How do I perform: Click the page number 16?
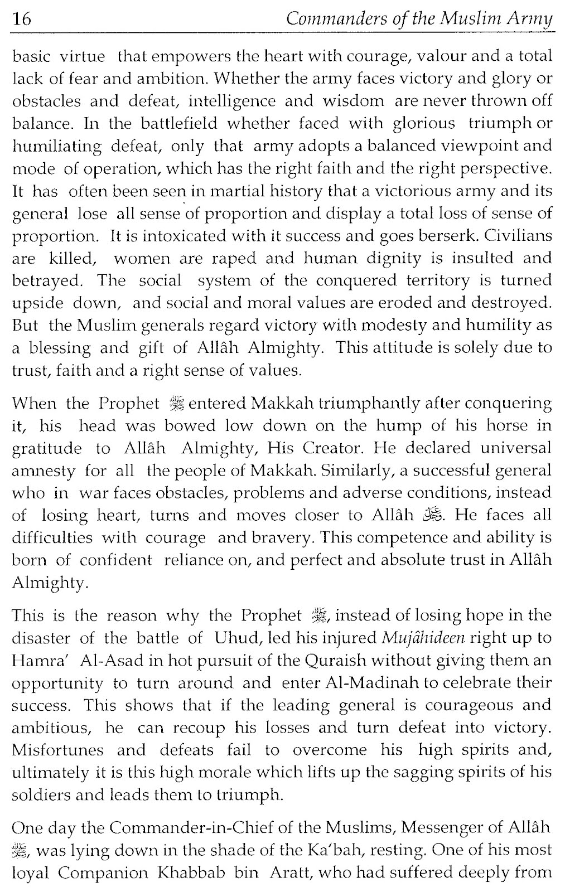(x=21, y=20)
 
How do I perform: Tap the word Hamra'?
(x=42, y=660)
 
